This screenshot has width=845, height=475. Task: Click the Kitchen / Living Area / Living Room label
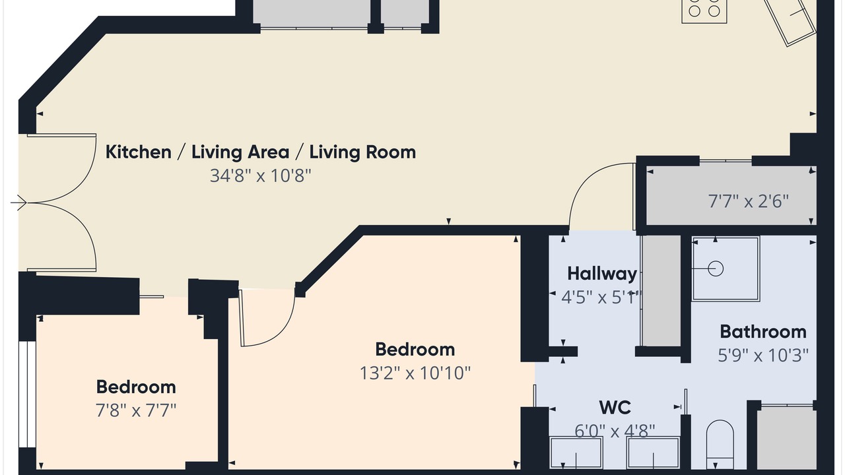coord(260,152)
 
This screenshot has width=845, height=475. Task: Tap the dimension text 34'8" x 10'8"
coord(260,175)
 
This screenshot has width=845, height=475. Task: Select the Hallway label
coord(602,274)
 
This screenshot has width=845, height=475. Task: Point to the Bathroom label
coord(763,332)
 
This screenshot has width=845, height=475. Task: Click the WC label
coord(615,408)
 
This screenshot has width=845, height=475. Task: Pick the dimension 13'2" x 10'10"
coord(415,373)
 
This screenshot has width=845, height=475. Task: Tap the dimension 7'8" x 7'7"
coord(136,410)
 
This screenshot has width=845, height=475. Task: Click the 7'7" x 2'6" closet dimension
coord(749,201)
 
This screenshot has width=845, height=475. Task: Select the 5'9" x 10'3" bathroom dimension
coord(763,355)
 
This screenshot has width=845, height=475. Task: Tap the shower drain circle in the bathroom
coord(716,269)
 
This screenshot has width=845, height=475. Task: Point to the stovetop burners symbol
coord(704,11)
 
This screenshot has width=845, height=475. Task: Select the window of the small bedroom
coord(27,395)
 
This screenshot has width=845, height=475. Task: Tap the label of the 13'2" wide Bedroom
coord(415,350)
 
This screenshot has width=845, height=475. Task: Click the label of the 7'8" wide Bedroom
coord(136,387)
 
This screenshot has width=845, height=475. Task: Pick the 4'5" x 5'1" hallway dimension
coord(601,298)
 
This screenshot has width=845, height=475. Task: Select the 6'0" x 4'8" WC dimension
coord(615,431)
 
